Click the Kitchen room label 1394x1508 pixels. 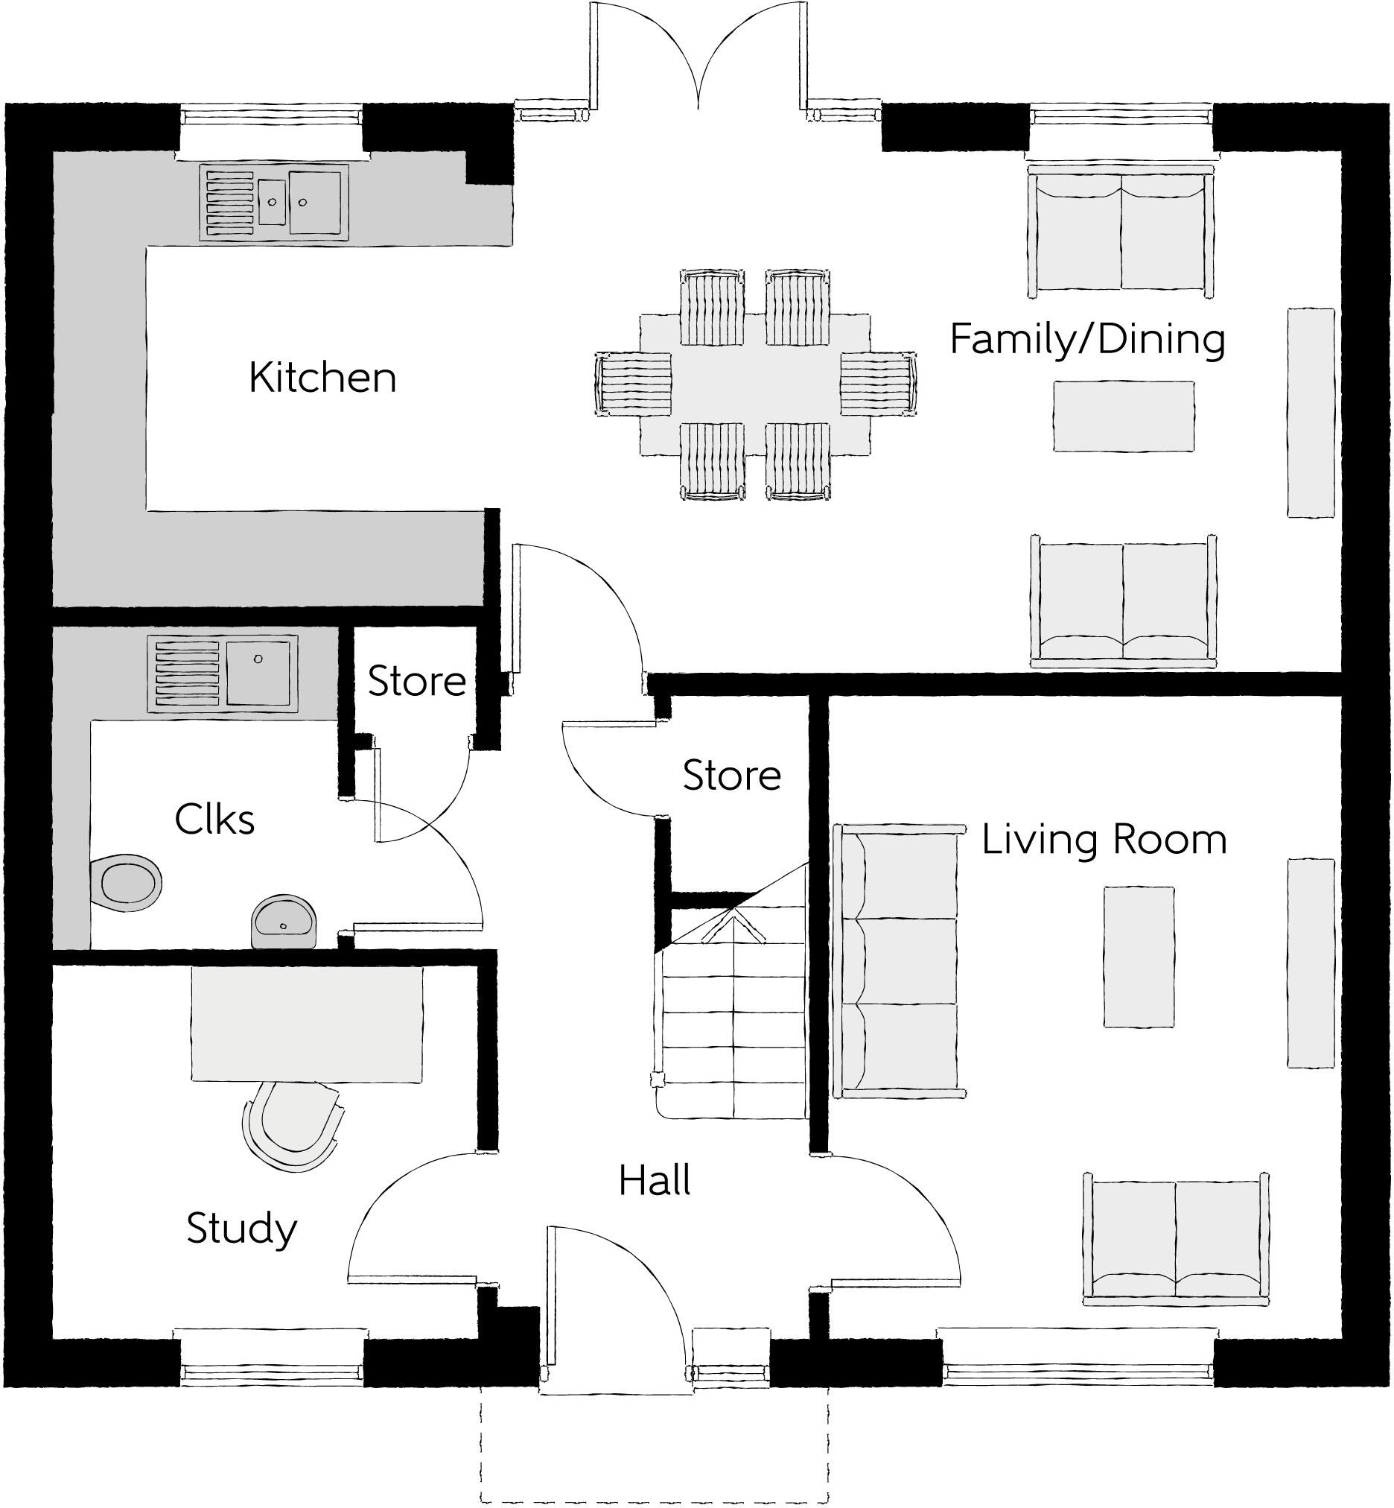(x=323, y=378)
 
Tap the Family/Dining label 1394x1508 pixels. (x=1087, y=340)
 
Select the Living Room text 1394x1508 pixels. (x=1104, y=840)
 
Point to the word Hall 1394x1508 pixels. (x=655, y=1181)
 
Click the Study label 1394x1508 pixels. (x=241, y=1229)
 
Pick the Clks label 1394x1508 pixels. (x=215, y=820)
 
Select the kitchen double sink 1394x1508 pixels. (x=276, y=202)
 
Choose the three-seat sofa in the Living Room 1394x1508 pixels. (x=897, y=961)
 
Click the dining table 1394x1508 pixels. (x=755, y=384)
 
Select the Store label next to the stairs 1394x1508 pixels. (x=732, y=776)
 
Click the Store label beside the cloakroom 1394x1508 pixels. (x=416, y=682)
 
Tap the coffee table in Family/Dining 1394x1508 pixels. (x=1123, y=416)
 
